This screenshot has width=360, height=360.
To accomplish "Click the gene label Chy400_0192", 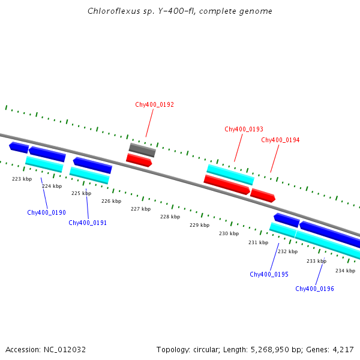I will [154, 104].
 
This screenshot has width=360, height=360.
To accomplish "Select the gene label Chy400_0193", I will [244, 129].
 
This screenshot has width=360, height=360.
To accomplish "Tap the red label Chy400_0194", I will [280, 140].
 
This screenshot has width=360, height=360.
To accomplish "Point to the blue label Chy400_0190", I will [46, 212].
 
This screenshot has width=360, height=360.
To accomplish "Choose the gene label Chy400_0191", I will [88, 223].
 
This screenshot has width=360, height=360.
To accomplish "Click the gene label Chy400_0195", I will [269, 274].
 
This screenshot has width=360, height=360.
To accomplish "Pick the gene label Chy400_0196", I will [314, 289].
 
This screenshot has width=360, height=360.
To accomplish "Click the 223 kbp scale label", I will [22, 179].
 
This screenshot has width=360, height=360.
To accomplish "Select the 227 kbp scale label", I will [140, 209].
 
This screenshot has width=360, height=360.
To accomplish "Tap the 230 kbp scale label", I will [229, 233].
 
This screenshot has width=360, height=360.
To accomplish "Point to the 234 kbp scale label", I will [345, 271].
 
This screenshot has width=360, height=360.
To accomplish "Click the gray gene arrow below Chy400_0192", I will [142, 150].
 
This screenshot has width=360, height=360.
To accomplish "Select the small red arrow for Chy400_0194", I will [263, 195].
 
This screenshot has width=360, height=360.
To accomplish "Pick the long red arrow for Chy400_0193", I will [227, 184].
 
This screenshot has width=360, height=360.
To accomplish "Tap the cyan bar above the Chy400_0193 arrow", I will [230, 175].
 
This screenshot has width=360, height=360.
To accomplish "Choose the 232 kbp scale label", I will [287, 251].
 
